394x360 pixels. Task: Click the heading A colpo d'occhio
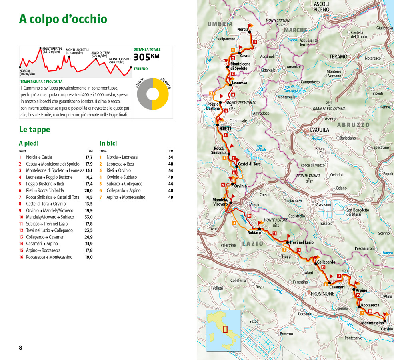tap(63, 19)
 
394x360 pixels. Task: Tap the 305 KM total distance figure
tap(146, 57)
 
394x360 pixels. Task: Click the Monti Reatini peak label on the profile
tap(52, 50)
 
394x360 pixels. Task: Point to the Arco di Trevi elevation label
tap(100, 54)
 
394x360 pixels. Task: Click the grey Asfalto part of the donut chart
tap(143, 94)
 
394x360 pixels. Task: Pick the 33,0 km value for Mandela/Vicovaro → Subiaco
tap(87, 217)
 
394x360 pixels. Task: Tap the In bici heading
tap(108, 143)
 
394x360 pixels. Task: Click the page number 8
tap(20, 348)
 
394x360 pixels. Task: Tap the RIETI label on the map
tap(225, 128)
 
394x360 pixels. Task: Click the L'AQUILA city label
tap(319, 130)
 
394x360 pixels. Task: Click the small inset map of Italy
tap(223, 329)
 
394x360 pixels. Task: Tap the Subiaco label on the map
tap(254, 232)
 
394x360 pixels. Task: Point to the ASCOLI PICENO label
tap(321, 6)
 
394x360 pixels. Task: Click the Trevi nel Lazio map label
tap(301, 242)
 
